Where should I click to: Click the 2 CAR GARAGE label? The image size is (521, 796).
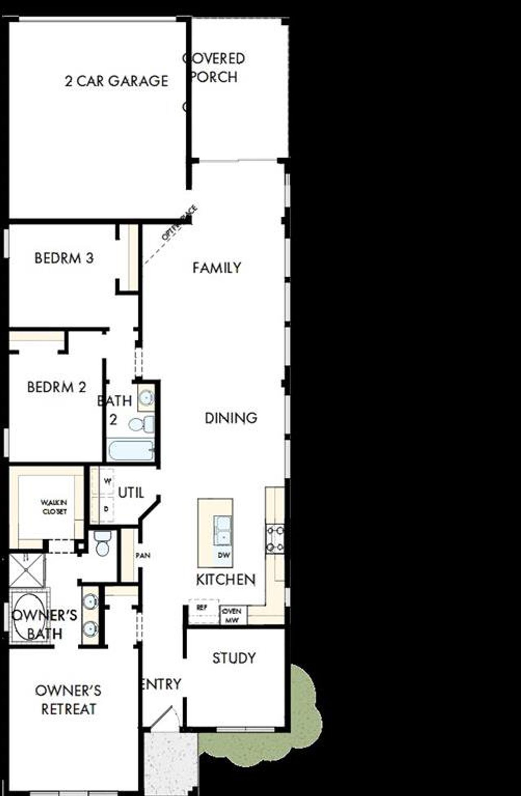pyautogui.click(x=116, y=81)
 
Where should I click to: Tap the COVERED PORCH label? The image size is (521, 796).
pyautogui.click(x=214, y=67)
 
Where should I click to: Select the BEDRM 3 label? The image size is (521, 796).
pyautogui.click(x=64, y=258)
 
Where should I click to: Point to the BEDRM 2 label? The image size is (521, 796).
pyautogui.click(x=57, y=387)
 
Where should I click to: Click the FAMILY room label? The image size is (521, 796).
pyautogui.click(x=217, y=268)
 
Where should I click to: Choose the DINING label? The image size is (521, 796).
pyautogui.click(x=231, y=418)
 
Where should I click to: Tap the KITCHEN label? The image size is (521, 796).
pyautogui.click(x=226, y=580)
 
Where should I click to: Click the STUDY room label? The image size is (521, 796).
pyautogui.click(x=234, y=658)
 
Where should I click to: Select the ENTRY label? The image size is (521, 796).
pyautogui.click(x=161, y=684)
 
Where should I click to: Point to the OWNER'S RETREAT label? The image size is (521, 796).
pyautogui.click(x=68, y=700)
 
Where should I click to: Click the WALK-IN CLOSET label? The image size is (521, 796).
pyautogui.click(x=54, y=507)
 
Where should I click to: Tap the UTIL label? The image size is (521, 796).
pyautogui.click(x=131, y=493)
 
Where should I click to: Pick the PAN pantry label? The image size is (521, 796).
pyautogui.click(x=142, y=555)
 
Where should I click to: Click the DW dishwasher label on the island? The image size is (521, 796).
pyautogui.click(x=224, y=555)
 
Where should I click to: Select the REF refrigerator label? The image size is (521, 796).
pyautogui.click(x=201, y=608)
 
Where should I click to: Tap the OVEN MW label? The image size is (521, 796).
pyautogui.click(x=232, y=615)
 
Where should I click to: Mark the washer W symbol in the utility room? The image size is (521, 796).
pyautogui.click(x=107, y=481)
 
